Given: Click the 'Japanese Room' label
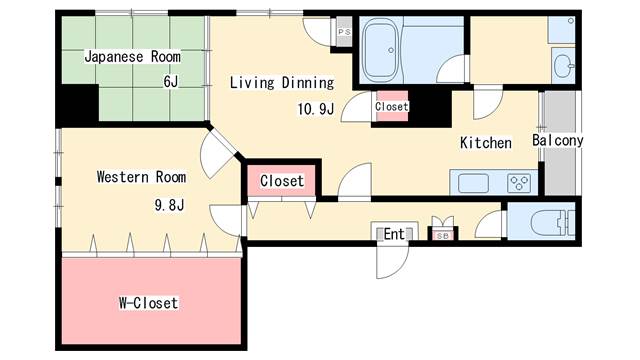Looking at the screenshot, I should coord(132,57).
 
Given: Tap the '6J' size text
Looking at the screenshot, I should coord(171,81).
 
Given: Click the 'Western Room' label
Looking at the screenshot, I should coord(141,177).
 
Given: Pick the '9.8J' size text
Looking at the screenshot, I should coord(170,206).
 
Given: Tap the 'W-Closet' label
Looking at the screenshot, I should coord(148,302).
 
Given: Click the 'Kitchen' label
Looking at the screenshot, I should coord(485,143).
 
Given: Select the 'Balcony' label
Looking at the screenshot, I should coord(557,141).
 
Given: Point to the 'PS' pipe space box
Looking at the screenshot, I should coord(345,33).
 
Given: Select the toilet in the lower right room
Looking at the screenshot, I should coord(549,222).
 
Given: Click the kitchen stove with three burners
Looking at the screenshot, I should coord(518,182).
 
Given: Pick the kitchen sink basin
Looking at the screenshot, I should coord(474,183).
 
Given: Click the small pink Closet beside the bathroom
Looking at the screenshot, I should coord(390,106).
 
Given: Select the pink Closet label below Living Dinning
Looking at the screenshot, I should coord(281,181).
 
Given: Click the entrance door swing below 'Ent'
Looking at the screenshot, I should coord(390,262).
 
